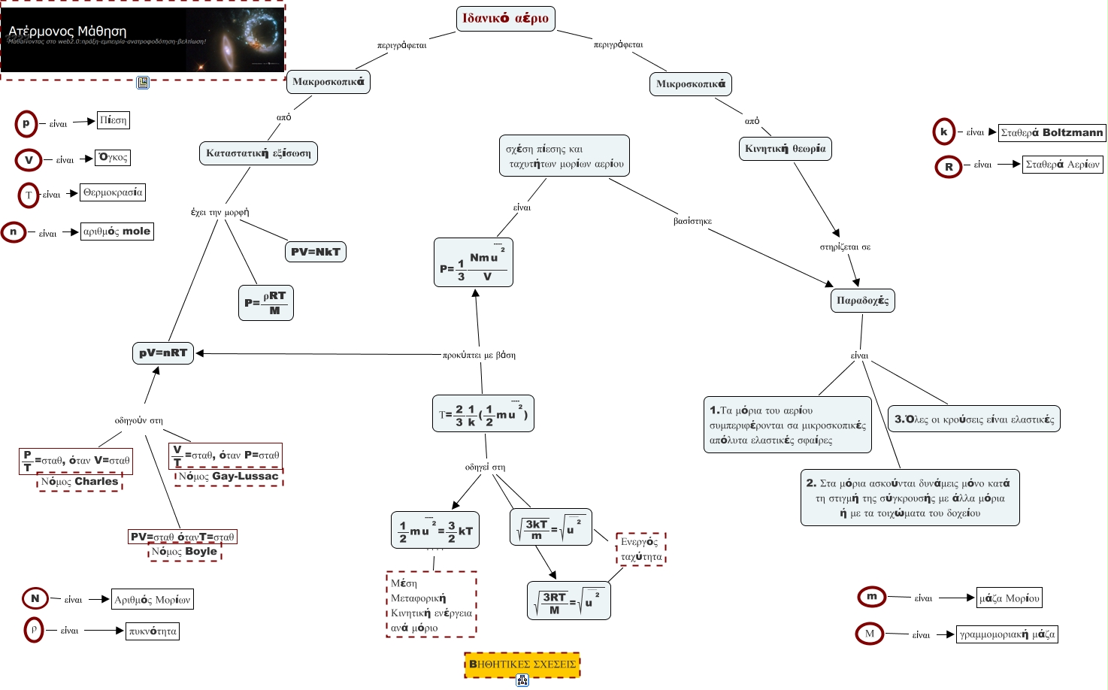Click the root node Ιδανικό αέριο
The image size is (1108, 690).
[505, 19]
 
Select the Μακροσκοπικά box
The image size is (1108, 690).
[328, 81]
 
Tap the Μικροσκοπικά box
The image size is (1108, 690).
[690, 84]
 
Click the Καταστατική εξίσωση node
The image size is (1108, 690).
[259, 153]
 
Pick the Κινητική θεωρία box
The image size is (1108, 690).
[785, 149]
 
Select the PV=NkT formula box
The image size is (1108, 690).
[316, 252]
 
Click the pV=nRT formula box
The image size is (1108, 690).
[163, 353]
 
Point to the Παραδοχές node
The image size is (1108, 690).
[862, 301]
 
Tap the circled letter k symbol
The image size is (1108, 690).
[943, 132]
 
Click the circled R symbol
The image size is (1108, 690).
[949, 166]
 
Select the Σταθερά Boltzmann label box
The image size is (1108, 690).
[1052, 133]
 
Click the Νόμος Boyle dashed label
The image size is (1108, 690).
[184, 552]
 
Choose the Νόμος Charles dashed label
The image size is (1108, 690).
[80, 482]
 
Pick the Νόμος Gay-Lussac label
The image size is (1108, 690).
[229, 477]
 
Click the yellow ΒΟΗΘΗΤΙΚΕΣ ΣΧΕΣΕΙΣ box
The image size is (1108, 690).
[522, 664]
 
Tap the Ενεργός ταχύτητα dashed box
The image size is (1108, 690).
[641, 549]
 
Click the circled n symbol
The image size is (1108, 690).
[13, 232]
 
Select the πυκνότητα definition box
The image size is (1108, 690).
[153, 631]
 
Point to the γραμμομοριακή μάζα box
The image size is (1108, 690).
[1007, 634]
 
